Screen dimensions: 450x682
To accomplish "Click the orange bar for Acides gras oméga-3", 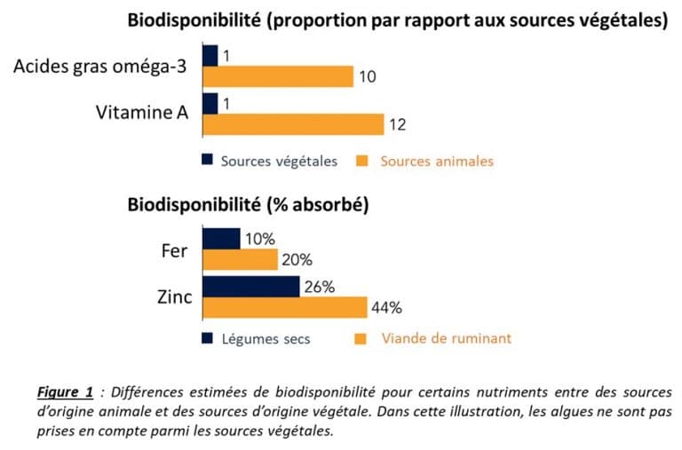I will (278, 77).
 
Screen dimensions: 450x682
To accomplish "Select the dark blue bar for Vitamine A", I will (210, 103).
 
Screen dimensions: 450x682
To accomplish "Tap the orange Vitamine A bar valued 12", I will (293, 124).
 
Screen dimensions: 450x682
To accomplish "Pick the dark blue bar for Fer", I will (221, 239).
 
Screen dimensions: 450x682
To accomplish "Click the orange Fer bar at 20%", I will (241, 260).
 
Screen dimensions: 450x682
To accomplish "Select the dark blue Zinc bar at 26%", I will (250, 287).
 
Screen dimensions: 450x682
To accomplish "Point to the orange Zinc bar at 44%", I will (284, 308).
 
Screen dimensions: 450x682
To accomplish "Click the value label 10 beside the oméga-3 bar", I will (368, 78).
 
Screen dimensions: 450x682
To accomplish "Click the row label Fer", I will (174, 250).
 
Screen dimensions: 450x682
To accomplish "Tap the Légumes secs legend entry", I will (266, 339).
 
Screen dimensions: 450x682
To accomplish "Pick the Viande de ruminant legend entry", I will (446, 339).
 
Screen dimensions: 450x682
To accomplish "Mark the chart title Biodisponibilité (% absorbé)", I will (248, 205).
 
